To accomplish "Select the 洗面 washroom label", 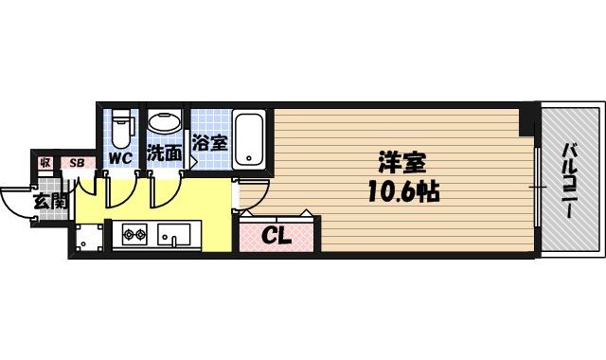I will click(x=165, y=153).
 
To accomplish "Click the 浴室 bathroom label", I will click(x=209, y=143).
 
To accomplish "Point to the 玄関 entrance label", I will click(x=49, y=201).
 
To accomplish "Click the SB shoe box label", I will click(x=77, y=163).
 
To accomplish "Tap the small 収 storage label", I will click(x=45, y=163).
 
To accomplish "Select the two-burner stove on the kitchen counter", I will click(x=133, y=233).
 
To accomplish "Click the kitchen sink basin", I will click(x=175, y=233).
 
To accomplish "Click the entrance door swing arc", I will click(x=17, y=201).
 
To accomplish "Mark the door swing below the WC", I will click(x=118, y=189).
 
